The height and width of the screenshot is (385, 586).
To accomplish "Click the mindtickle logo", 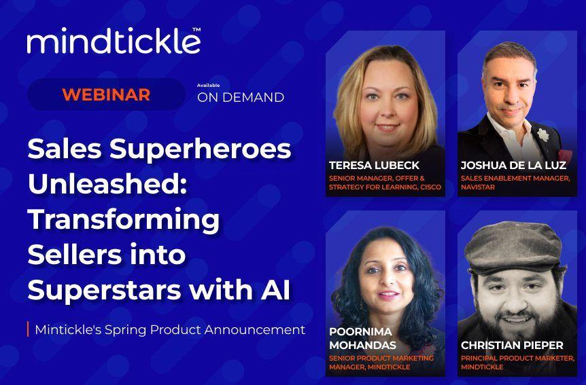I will coord(113,42).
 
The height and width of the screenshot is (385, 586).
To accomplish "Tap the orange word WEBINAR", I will coord(105,94).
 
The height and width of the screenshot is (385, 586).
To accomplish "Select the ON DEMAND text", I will coord(240,98).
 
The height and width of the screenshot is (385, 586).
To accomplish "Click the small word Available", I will coord(207,86).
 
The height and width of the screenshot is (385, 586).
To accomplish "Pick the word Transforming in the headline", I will coord(123,219).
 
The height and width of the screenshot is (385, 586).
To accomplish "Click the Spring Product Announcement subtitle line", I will coord(169,330).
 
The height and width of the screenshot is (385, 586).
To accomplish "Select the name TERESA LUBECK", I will coord(374,165).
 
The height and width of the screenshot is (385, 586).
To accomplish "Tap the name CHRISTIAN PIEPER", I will coord(511,345).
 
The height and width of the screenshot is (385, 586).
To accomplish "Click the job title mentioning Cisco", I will coord(385,182).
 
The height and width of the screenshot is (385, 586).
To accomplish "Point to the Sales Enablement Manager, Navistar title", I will coord(515,182).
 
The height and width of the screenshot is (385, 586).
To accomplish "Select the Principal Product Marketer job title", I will coord(517,362).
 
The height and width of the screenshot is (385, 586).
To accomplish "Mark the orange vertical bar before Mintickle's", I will coord(28,330).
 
